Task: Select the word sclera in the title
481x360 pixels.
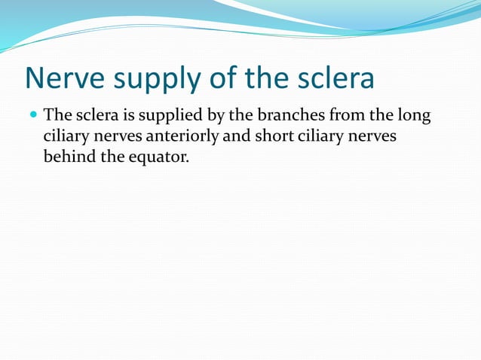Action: (334, 78)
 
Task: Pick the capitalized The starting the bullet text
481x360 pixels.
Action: (57, 116)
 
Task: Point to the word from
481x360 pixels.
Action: (340, 116)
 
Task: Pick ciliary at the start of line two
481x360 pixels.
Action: (66, 136)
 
